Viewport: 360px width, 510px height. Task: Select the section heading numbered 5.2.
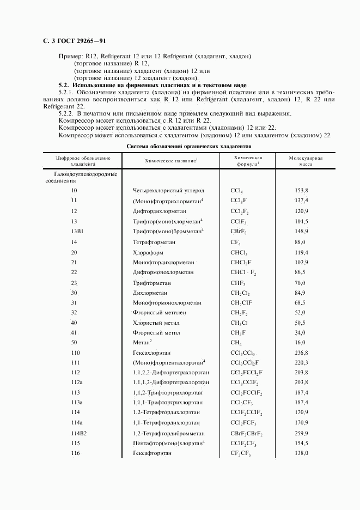[x=152, y=86]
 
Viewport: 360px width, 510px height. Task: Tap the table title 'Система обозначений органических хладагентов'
[x=188, y=147]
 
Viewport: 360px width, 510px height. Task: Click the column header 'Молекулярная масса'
[x=306, y=160]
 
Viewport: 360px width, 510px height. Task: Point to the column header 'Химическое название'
[x=171, y=161]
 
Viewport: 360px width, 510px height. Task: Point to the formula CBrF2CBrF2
[x=247, y=434]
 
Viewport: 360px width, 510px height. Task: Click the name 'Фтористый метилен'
[x=156, y=312]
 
